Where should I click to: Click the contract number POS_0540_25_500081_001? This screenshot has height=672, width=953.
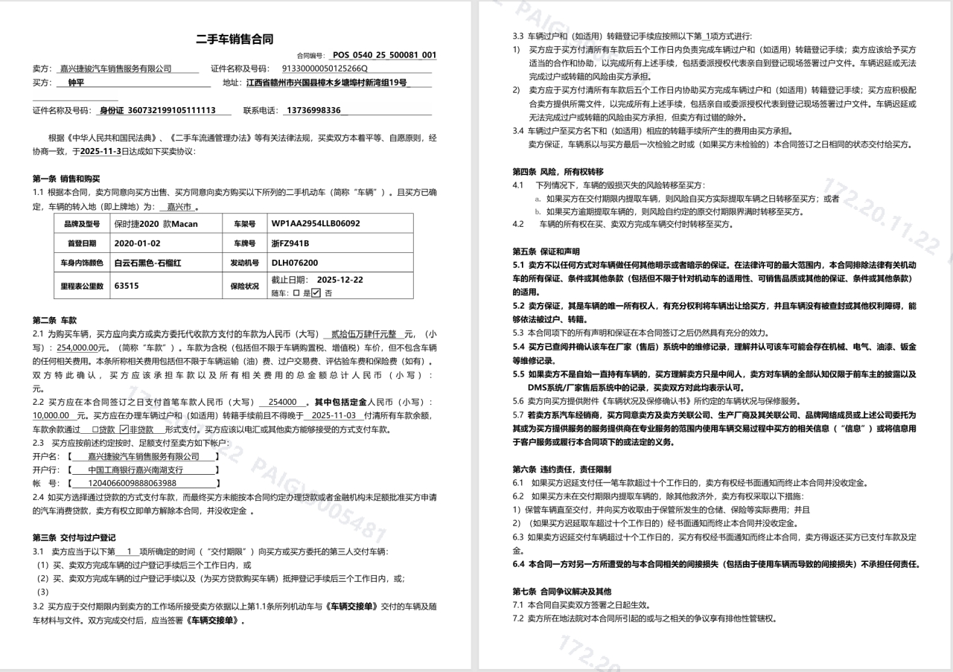384,55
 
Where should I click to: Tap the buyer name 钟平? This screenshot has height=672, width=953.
76,83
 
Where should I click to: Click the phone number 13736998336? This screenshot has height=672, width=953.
313,110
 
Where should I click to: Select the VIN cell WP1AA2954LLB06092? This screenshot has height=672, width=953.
316,223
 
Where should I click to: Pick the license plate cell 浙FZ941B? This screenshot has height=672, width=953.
290,243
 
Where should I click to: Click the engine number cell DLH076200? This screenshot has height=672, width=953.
295,263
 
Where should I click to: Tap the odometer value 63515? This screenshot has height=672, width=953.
127,284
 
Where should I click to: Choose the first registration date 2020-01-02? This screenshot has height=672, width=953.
137,243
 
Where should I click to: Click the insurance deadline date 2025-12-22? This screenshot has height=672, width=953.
340,280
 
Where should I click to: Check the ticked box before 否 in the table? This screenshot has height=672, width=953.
316,292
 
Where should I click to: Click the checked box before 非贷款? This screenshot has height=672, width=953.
124,429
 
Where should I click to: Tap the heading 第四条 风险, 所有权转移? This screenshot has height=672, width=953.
558,171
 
